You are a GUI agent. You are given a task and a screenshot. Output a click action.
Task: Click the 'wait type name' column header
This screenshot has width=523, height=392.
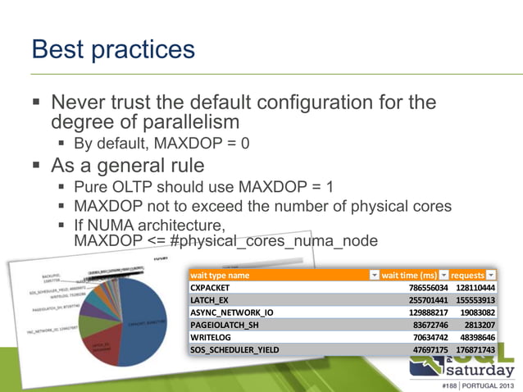click(x=220, y=276)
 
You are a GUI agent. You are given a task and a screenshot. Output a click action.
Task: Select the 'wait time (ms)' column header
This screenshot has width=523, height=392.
click(x=409, y=276)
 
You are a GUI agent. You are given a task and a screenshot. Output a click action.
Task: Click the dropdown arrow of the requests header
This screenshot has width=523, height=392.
click(x=491, y=276)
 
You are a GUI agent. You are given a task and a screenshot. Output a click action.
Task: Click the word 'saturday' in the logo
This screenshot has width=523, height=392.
click(x=476, y=367)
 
